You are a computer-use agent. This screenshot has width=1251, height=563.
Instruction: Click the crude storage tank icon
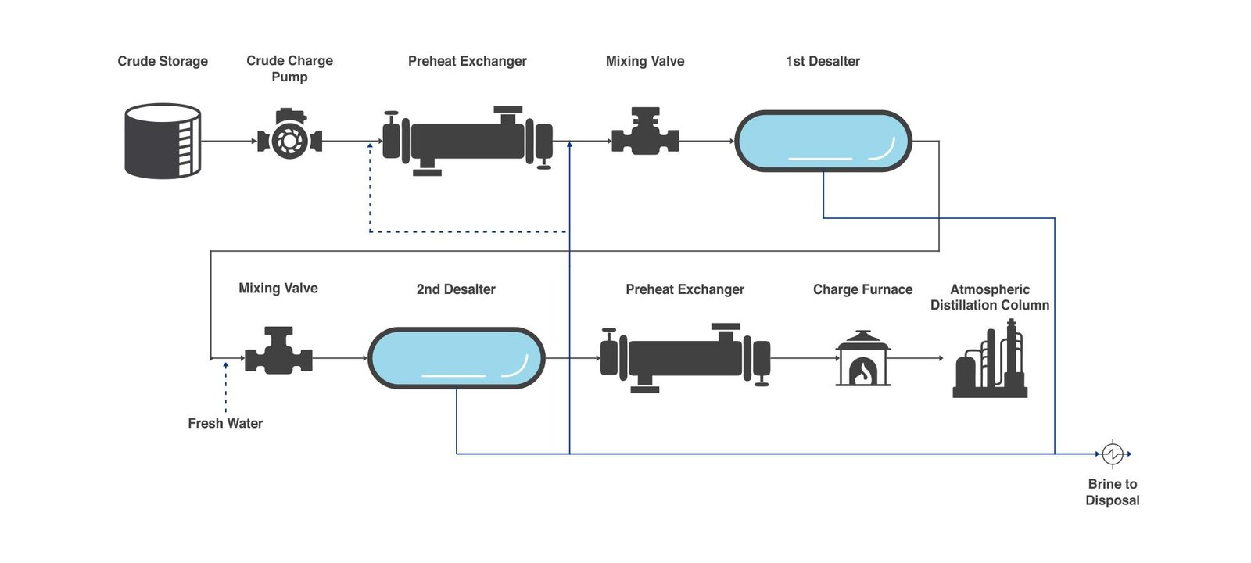click(x=163, y=142)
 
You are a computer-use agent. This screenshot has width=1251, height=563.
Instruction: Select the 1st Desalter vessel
click(x=823, y=141)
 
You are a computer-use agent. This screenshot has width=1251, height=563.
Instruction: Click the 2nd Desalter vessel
click(x=456, y=358)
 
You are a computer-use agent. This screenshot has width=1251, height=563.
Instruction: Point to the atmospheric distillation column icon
click(x=990, y=361)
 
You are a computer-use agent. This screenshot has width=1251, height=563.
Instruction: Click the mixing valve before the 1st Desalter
click(x=645, y=133)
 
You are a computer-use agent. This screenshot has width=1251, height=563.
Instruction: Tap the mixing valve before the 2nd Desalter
click(x=278, y=352)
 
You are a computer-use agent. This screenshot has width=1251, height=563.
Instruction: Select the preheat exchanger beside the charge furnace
click(x=685, y=357)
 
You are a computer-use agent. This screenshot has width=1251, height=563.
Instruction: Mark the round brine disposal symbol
click(x=1112, y=454)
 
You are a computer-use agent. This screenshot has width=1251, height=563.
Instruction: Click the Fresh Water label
click(x=225, y=423)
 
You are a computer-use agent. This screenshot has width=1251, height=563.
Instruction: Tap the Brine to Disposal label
click(x=1112, y=492)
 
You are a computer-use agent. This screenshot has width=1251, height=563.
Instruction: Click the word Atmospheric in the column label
click(x=990, y=289)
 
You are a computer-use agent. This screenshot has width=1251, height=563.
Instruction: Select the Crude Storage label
click(x=163, y=61)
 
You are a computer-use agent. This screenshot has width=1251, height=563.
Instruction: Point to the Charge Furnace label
click(x=862, y=289)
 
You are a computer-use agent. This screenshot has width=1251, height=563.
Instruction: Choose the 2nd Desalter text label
click(x=456, y=289)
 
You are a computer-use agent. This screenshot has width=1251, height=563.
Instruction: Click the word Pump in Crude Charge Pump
click(x=289, y=77)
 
